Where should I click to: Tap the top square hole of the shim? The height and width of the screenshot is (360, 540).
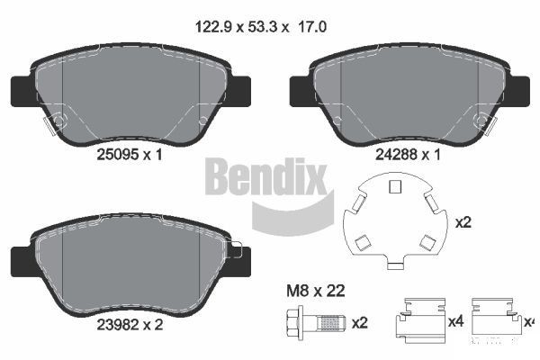pos(391,187)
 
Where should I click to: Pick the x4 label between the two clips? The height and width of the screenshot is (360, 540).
pos(455,322)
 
